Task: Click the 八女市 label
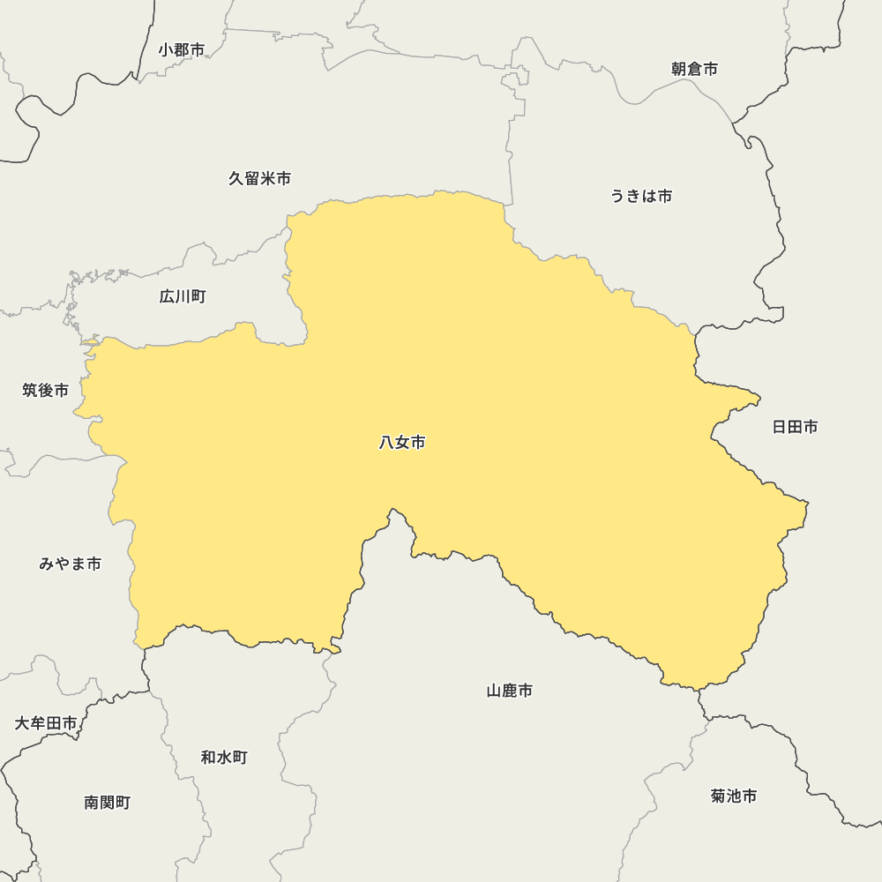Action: coord(402,443)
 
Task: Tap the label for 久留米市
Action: coord(259,178)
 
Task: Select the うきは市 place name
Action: coord(641,196)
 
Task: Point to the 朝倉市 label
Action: coord(694,69)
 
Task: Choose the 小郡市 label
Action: coord(182,50)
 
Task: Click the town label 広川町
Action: coord(183,296)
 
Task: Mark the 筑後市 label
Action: coord(46,390)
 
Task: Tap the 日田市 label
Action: coord(795,427)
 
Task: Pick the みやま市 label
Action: coord(71,564)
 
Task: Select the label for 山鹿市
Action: coord(510,691)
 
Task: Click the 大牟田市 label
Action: coord(46,723)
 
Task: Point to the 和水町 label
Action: coord(224,757)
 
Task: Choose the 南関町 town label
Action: coord(108,803)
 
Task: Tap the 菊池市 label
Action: coord(734,796)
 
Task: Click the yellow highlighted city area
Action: coord(529,397)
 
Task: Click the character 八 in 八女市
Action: coord(386,443)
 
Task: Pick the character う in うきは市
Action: coord(618,196)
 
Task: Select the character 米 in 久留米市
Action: coord(267,178)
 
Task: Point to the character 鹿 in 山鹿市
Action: coord(510,691)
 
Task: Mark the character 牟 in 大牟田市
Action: coord(38,723)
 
